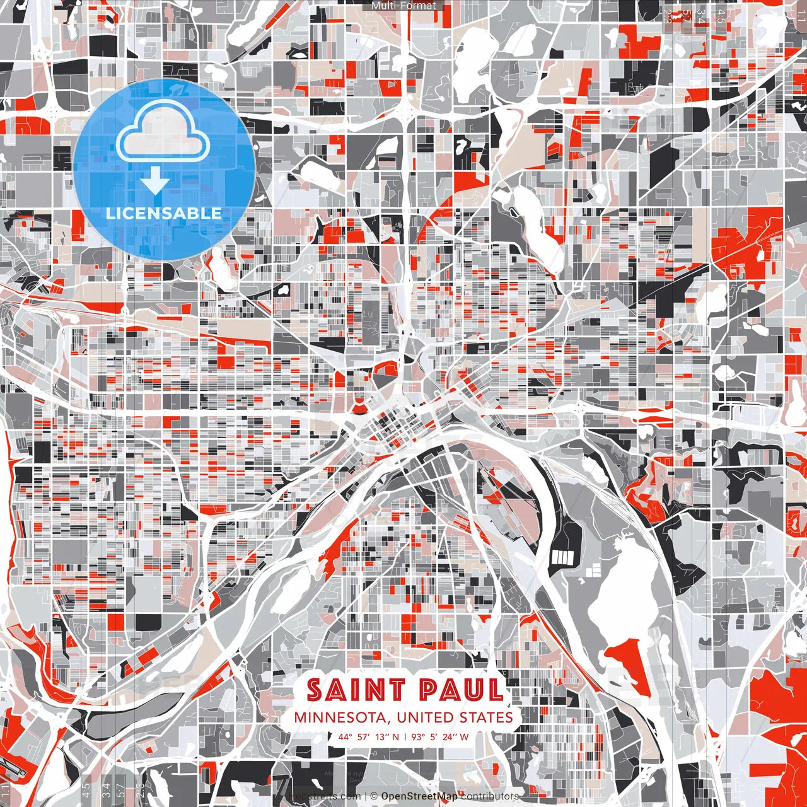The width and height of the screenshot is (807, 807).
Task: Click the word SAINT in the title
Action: [x=348, y=690]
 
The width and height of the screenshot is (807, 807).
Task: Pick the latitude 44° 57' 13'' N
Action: [x=369, y=736]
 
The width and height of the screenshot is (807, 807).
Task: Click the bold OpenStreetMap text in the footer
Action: [x=419, y=796]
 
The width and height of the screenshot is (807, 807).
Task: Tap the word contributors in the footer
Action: [x=490, y=796]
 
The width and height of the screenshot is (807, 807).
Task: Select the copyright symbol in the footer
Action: [x=374, y=796]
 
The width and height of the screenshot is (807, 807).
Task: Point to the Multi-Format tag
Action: [x=403, y=6]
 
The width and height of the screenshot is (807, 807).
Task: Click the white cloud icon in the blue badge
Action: [x=164, y=132]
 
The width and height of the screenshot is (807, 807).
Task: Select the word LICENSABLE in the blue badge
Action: [x=164, y=213]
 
